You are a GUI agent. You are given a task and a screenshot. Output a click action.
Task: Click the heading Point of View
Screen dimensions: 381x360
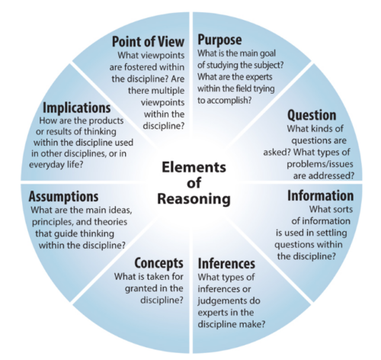coord(148,41)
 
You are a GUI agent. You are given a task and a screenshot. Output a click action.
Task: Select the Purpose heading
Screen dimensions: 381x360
coord(219,40)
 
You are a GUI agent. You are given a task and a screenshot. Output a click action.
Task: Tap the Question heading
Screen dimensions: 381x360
coord(312,115)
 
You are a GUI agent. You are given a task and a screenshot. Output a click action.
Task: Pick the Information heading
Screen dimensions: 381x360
coord(321,196)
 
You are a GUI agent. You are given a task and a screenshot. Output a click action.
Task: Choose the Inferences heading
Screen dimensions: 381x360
coord(226,263)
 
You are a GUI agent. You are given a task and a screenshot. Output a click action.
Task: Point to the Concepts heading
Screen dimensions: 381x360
coord(158,263)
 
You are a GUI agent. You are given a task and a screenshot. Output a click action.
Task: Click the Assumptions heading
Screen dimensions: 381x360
coord(63,197)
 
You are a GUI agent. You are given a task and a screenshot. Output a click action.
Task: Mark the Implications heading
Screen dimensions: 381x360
coord(77,108)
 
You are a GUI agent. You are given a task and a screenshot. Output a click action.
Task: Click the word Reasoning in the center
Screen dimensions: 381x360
coord(194,199)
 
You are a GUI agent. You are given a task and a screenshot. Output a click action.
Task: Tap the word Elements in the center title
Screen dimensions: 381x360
coord(194,167)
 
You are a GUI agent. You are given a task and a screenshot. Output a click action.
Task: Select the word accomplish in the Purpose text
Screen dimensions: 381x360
coord(229,101)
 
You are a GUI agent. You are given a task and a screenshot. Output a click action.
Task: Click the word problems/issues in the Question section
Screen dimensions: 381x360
coord(320,164)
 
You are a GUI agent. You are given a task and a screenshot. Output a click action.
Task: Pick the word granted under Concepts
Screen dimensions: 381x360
coord(141,289)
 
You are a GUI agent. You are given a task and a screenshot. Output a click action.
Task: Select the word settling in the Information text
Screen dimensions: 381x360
coord(333,233)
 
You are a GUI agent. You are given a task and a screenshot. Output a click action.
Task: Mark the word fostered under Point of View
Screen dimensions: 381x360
coord(135,67)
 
